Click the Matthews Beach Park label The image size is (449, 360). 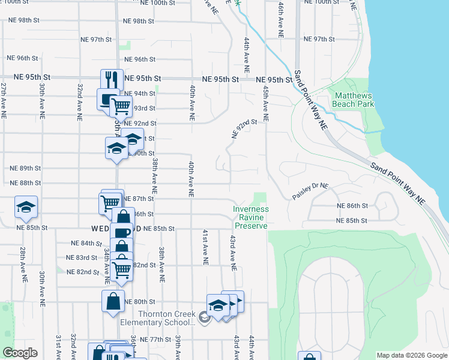(x=354, y=100)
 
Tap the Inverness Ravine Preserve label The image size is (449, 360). (x=251, y=217)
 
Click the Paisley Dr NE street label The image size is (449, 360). (x=310, y=191)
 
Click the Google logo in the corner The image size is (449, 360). (x=20, y=353)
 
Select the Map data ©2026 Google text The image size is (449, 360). (x=412, y=355)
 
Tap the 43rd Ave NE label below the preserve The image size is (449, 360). (x=232, y=253)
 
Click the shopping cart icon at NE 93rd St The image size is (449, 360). (x=121, y=107)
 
